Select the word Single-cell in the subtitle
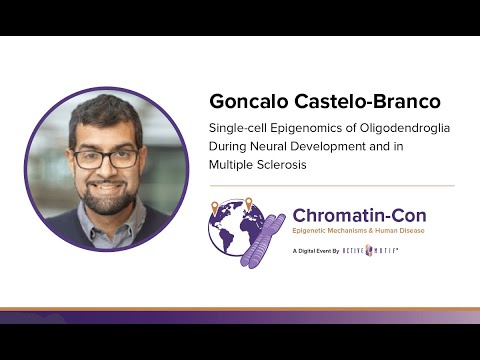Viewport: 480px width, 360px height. pyautogui.click(x=236, y=129)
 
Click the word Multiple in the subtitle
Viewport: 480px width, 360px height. pyautogui.click(x=232, y=165)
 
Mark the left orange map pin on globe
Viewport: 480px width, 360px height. pyautogui.click(x=215, y=208)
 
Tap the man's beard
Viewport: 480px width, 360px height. pyautogui.click(x=107, y=195)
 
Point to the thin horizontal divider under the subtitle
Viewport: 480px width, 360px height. pyautogui.click(x=331, y=185)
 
